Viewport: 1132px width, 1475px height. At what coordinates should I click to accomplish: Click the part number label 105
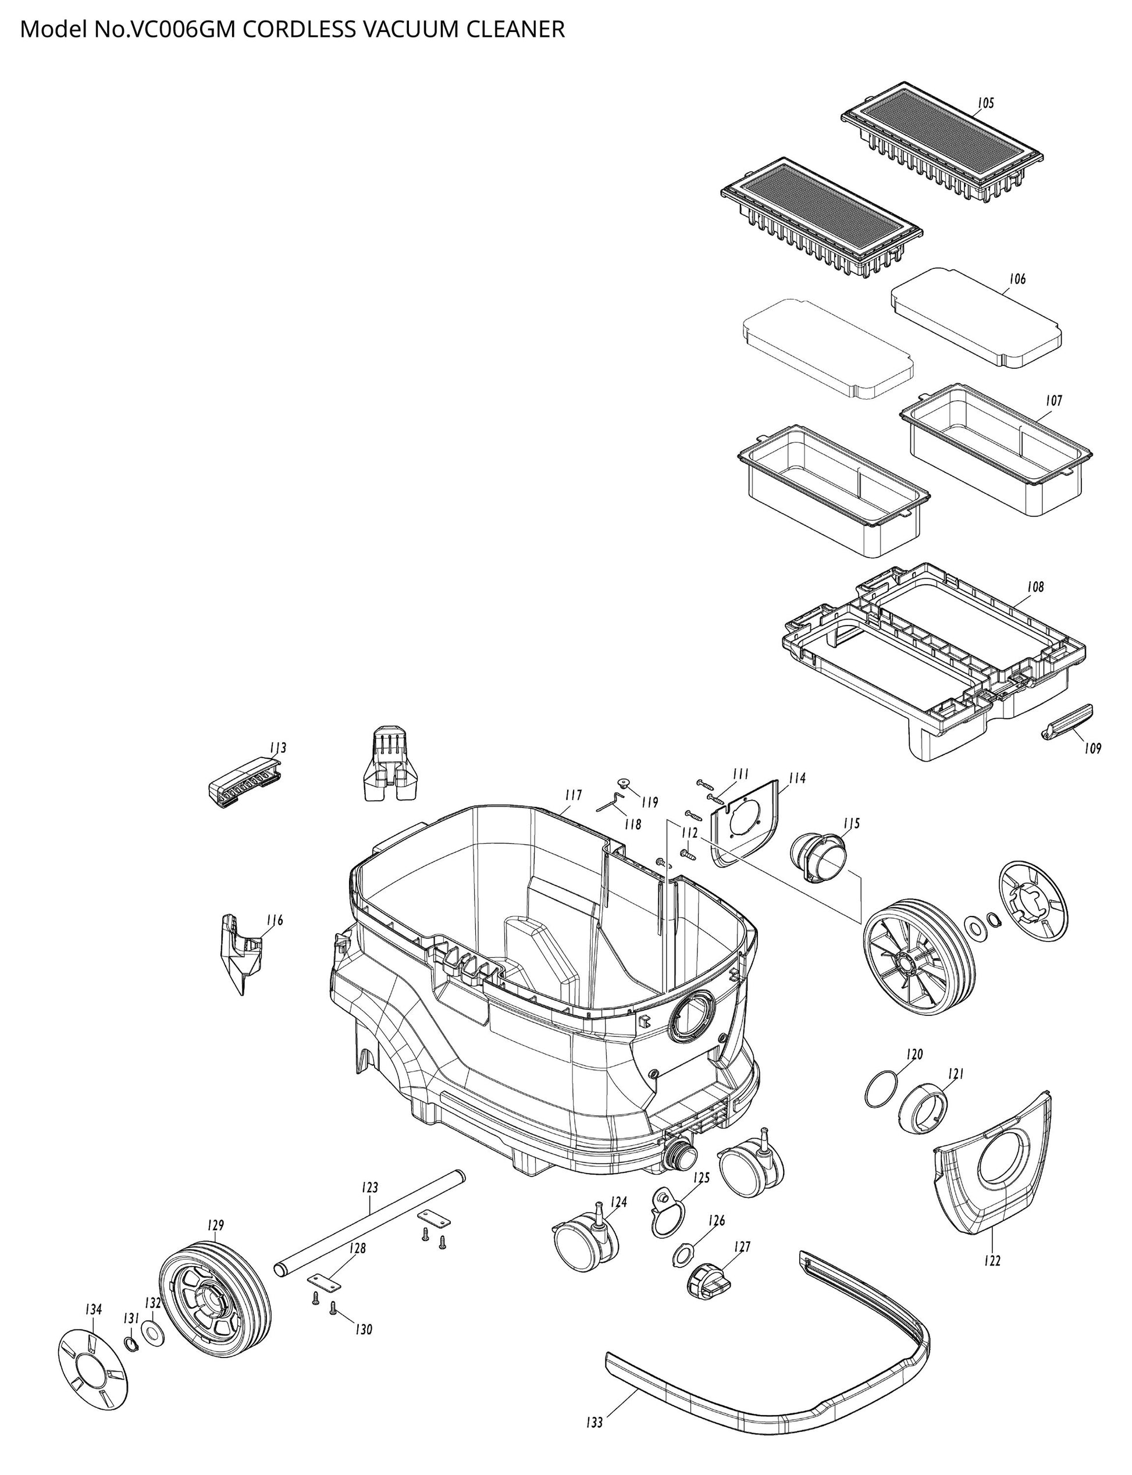(x=986, y=103)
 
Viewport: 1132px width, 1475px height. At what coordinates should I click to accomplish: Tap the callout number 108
(x=1035, y=587)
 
